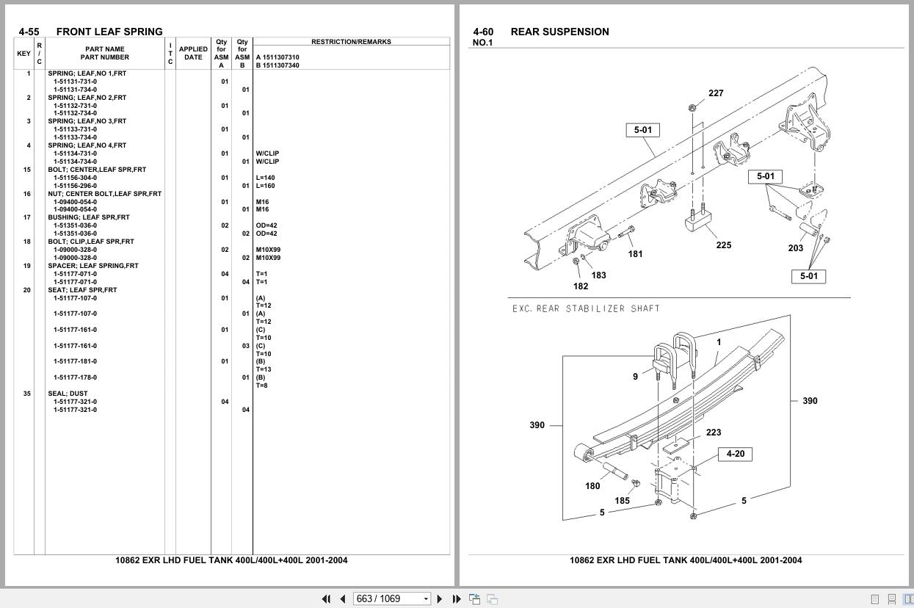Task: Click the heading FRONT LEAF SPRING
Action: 109,32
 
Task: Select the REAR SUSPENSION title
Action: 560,32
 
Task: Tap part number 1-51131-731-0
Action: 76,82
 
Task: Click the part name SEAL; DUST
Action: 68,394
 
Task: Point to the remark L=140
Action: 265,178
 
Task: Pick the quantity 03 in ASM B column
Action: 246,346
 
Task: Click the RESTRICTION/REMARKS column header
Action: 351,42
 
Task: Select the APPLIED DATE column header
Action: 193,53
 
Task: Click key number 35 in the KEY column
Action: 27,394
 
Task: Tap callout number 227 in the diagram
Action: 716,93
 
